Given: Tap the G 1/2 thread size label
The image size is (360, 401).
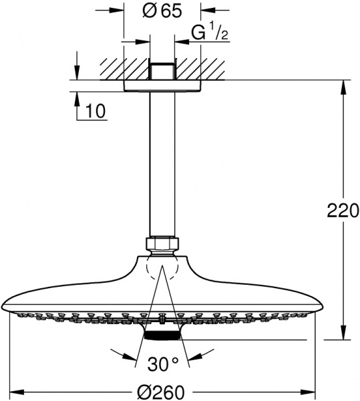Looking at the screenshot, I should pos(209,33).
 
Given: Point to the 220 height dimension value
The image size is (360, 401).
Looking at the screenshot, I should pos(343,211).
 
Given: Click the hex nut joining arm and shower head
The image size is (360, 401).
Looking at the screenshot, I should pos(162,245).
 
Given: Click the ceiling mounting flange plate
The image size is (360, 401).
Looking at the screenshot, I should pos(162,86).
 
